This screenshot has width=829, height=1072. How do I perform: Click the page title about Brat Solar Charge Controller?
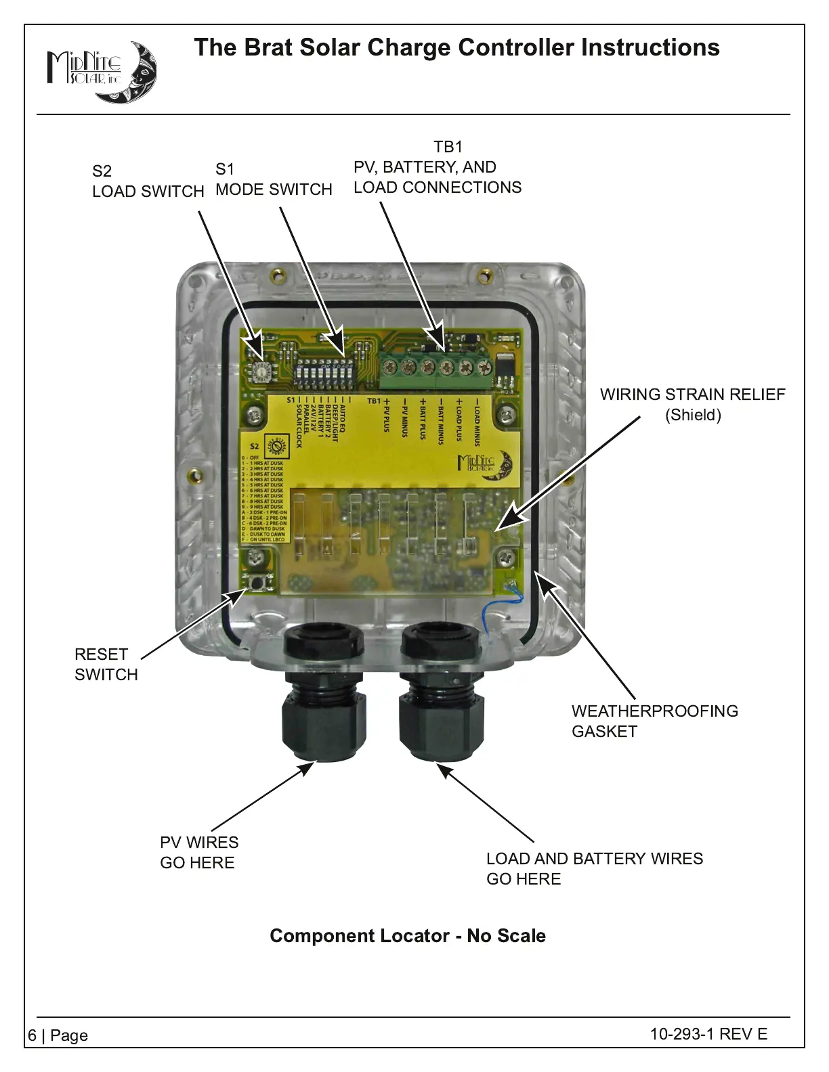click(456, 47)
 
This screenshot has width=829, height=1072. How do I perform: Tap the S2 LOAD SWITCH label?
click(148, 181)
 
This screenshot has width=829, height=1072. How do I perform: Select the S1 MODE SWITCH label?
click(274, 179)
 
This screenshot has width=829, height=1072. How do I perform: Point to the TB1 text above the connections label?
click(448, 147)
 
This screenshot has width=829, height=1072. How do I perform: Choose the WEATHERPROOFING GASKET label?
click(654, 721)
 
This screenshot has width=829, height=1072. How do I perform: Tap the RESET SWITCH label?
click(106, 664)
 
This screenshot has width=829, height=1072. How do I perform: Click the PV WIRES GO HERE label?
click(198, 852)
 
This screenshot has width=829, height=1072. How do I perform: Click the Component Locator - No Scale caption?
click(408, 935)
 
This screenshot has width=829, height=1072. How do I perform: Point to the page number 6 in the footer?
click(33, 1035)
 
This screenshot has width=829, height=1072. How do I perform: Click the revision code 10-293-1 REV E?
click(708, 1033)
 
